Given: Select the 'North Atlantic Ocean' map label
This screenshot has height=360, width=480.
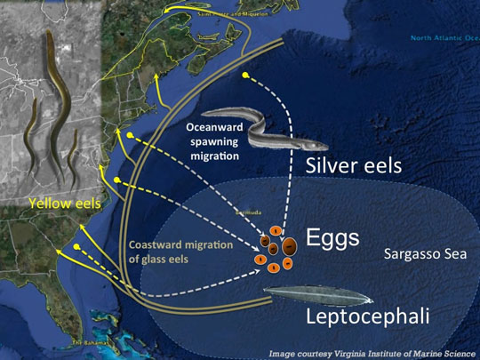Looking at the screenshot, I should (444, 38).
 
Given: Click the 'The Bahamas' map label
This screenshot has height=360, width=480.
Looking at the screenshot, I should (89, 342).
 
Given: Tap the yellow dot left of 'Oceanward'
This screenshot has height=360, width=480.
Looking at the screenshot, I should (131, 136).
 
